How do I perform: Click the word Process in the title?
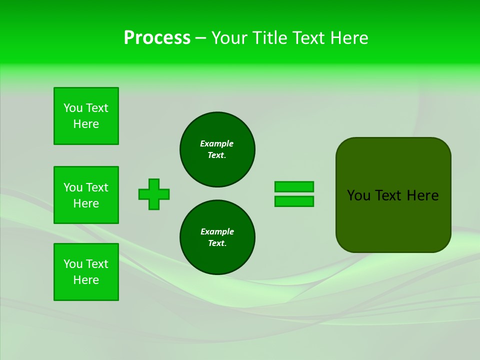pyautogui.click(x=157, y=38)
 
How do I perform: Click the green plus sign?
pyautogui.click(x=154, y=194)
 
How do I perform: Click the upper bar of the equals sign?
pyautogui.click(x=294, y=186)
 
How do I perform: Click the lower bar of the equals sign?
pyautogui.click(x=294, y=201)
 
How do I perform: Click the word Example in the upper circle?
pyautogui.click(x=216, y=143)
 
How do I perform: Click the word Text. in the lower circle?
pyautogui.click(x=217, y=243)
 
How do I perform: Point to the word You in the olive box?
pyautogui.click(x=358, y=195)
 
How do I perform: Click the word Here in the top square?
pyautogui.click(x=86, y=124)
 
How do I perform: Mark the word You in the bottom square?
pyautogui.click(x=73, y=264)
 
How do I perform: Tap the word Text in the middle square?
pyautogui.click(x=97, y=187)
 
